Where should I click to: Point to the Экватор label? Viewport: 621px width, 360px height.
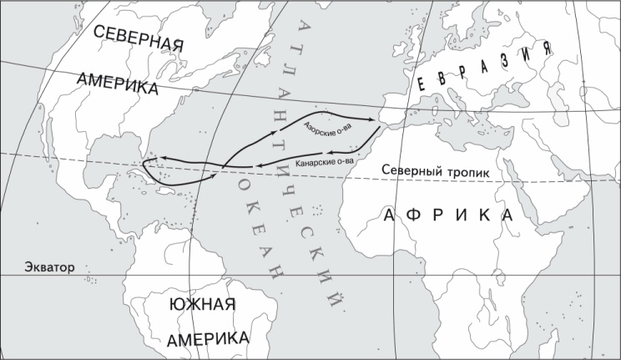coord(38,267)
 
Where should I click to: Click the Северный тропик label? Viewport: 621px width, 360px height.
coord(435,170)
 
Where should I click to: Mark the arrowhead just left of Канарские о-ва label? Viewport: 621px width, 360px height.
coord(258,164)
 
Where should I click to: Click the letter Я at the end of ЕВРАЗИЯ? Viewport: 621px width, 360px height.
coord(546,48)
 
